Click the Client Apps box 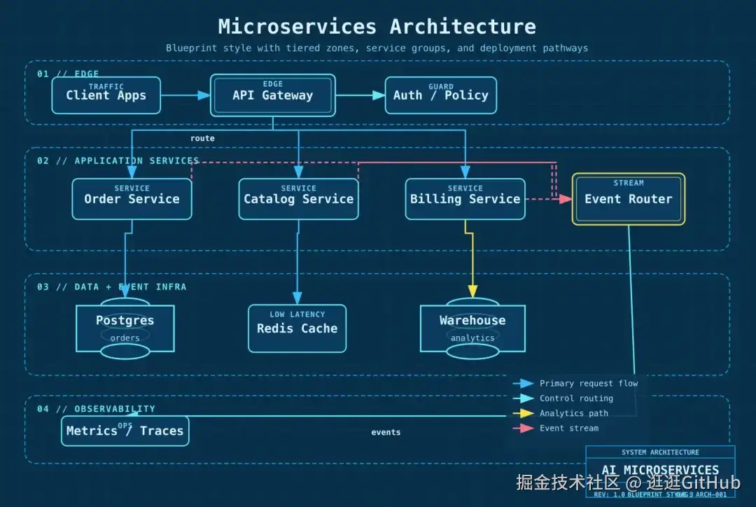106,95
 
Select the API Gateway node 273,95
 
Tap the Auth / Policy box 440,95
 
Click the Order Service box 132,199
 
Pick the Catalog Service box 298,199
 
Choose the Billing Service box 465,199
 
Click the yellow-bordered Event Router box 628,199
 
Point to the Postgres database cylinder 125,328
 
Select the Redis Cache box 297,328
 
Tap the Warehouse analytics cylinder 472,328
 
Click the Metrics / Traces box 125,431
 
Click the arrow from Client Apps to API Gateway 185,95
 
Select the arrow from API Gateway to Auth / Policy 360,95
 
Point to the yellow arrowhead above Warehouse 472,291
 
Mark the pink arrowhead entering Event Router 566,199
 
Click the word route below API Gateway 202,139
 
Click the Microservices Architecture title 377,27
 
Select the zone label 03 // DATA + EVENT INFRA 112,287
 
